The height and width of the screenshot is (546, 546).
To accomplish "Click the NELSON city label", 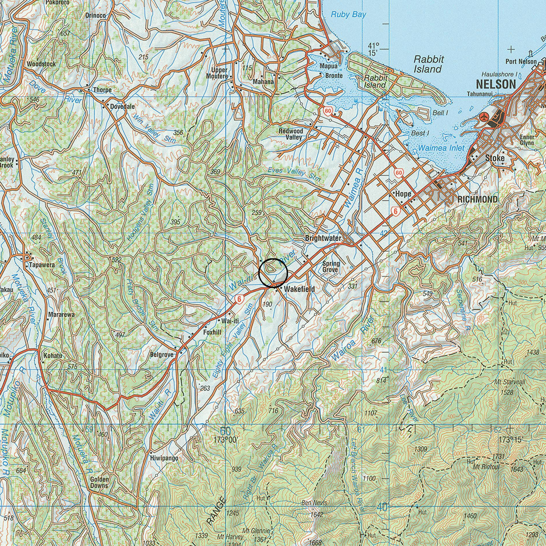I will [x=496, y=84].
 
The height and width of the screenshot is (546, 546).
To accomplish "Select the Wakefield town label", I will [x=299, y=289].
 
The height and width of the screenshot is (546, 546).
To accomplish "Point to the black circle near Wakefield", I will [x=273, y=273].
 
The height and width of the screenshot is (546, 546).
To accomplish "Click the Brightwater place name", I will [x=323, y=239].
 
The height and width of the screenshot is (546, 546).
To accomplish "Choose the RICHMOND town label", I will [x=478, y=199].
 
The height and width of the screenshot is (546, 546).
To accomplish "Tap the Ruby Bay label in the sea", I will [x=348, y=14].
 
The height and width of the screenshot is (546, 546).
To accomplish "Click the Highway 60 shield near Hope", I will [x=398, y=173].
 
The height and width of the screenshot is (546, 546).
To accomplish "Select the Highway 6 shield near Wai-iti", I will [x=239, y=300].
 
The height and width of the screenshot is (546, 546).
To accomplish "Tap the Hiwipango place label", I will [x=164, y=458].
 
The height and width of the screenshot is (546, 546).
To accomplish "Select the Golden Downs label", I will [x=99, y=482].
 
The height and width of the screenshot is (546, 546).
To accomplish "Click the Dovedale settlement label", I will [x=122, y=107].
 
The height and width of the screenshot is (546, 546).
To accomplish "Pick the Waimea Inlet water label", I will [x=441, y=148].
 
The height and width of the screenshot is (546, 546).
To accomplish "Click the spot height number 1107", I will [x=371, y=413].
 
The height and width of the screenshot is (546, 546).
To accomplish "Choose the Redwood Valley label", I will [x=291, y=134].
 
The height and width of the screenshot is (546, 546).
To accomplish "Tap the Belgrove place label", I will [x=162, y=355].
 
